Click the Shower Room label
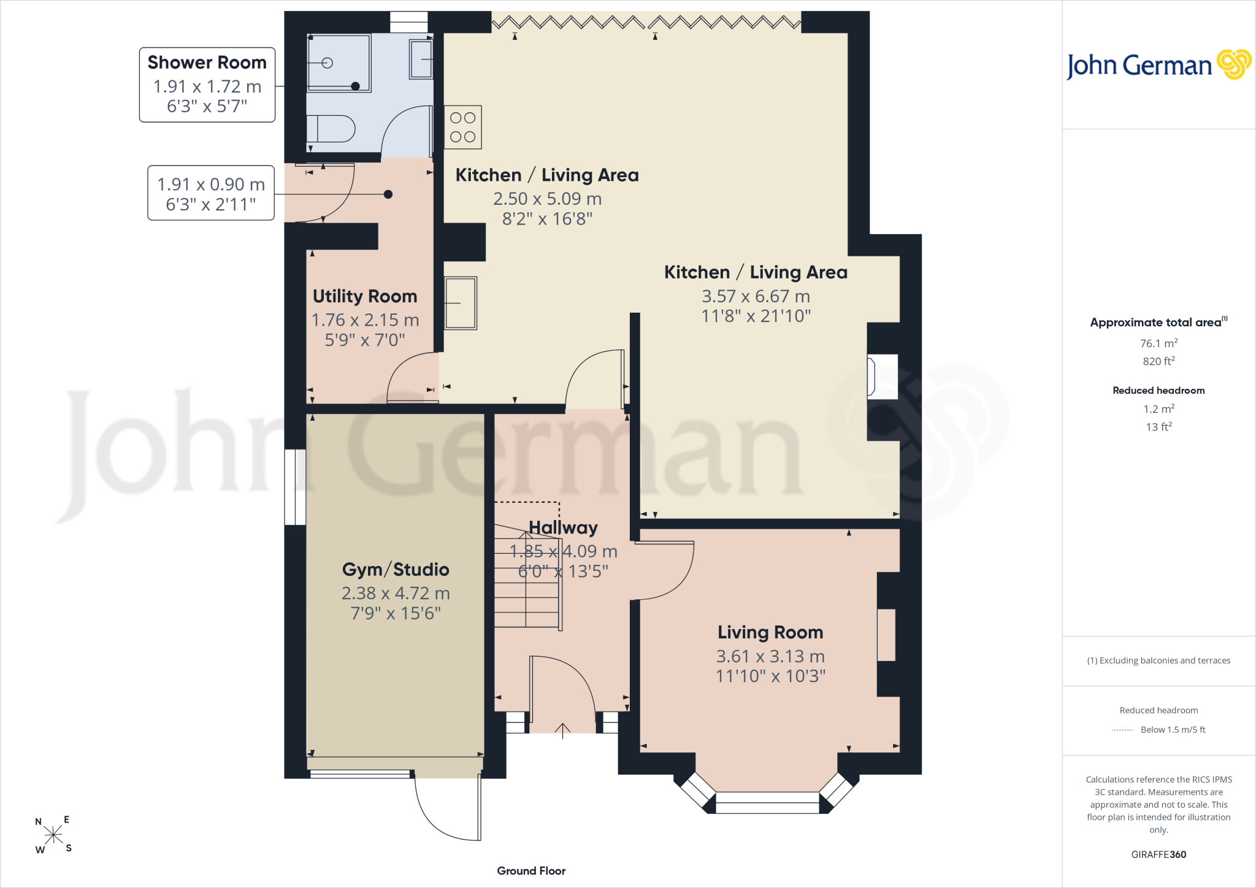(x=207, y=63)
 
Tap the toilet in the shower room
(x=331, y=129)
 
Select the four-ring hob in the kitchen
(x=463, y=127)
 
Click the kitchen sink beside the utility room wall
(x=461, y=303)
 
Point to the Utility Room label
(x=365, y=296)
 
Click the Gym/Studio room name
(x=396, y=570)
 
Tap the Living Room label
(x=770, y=632)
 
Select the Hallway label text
(x=563, y=527)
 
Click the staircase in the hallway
(x=528, y=576)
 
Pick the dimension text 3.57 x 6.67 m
(x=756, y=296)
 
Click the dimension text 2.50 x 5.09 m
(x=547, y=199)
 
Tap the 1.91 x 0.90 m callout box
(x=211, y=193)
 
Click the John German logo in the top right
(x=1158, y=65)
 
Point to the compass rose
(x=53, y=835)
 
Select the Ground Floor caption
(x=531, y=871)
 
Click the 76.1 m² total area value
(x=1158, y=343)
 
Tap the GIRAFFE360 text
(x=1158, y=854)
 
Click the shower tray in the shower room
(x=339, y=63)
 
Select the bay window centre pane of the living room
(x=767, y=802)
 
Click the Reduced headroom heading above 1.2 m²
(x=1158, y=391)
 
